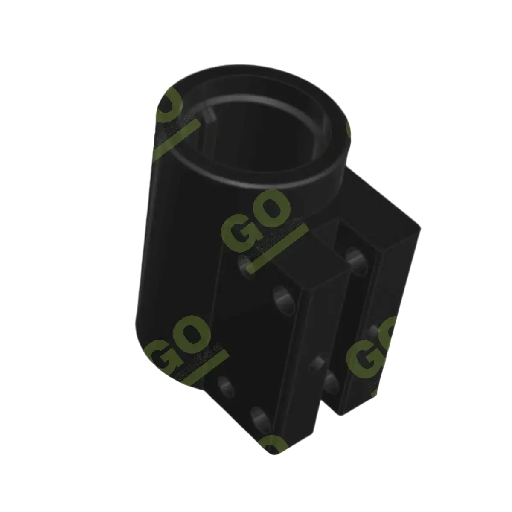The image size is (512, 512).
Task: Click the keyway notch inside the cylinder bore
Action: [209, 114]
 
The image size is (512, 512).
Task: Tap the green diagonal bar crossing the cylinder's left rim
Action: [175, 141]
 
